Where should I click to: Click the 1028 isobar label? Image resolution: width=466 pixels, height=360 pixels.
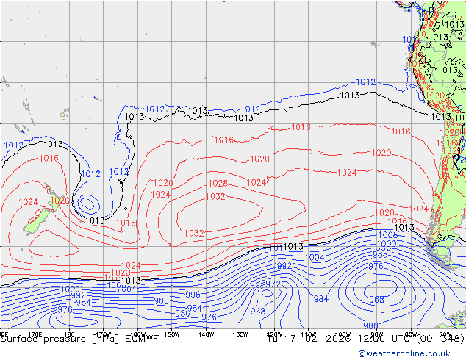pos(217,184)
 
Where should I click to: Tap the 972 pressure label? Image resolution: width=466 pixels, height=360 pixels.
pos(273,284)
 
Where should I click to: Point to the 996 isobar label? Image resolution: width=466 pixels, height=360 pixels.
pos(193,295)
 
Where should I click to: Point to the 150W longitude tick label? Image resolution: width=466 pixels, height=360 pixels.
pos(171,334)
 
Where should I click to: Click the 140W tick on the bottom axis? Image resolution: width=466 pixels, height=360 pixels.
pos(205,334)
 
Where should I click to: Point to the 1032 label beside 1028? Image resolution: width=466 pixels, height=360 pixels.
pos(215,197)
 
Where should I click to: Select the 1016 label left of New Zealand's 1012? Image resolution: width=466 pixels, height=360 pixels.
pos(49,159)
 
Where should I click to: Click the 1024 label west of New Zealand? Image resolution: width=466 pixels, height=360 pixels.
pos(28,202)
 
